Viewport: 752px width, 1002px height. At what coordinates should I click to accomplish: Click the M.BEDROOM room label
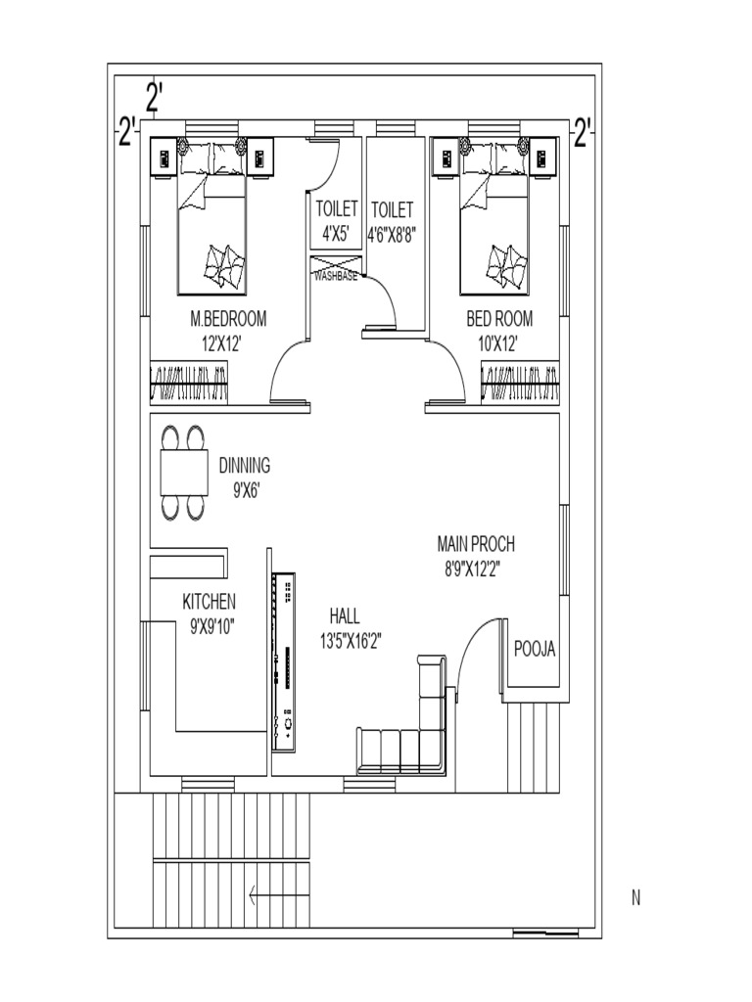tap(228, 319)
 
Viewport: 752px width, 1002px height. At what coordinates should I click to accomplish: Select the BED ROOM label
tap(499, 319)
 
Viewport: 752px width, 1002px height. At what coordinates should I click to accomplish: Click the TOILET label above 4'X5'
tap(337, 209)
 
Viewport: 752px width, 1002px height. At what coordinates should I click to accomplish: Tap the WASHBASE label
tap(335, 277)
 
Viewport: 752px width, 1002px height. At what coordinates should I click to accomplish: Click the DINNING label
tap(244, 467)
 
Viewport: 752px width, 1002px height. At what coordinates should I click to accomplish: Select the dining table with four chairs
tap(184, 472)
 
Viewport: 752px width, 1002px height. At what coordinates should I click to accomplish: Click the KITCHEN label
tap(209, 601)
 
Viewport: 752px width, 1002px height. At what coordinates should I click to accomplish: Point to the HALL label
tap(345, 616)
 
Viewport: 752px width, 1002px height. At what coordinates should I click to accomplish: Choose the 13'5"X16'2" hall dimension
tap(350, 642)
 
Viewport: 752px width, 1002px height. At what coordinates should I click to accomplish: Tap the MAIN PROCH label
tap(476, 544)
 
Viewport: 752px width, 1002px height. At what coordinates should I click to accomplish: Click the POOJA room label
tap(536, 647)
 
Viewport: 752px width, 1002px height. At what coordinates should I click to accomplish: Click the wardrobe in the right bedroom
tap(521, 381)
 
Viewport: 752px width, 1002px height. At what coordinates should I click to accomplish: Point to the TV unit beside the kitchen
tap(284, 662)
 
